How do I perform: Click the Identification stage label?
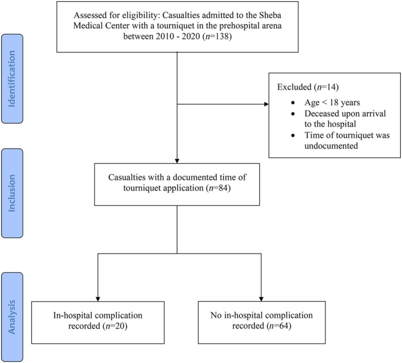[12, 79]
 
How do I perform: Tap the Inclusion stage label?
[12, 193]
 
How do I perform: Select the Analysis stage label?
[12, 317]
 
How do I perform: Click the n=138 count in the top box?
[217, 36]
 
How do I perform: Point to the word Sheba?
[270, 15]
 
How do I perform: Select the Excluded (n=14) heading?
[308, 87]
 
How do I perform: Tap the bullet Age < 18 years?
[332, 102]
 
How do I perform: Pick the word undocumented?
[331, 146]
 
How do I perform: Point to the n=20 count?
[115, 326]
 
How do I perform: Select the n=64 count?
[279, 326]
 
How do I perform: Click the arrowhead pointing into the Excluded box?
[266, 104]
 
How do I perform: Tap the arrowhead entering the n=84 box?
[177, 161]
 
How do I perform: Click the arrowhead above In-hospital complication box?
[98, 299]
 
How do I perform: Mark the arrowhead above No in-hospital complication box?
[261, 299]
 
